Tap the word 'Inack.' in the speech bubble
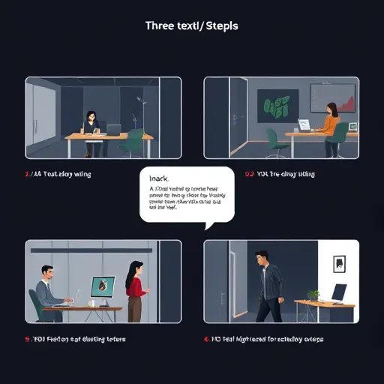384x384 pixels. tap(160, 178)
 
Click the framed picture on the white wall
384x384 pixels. tap(339, 262)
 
